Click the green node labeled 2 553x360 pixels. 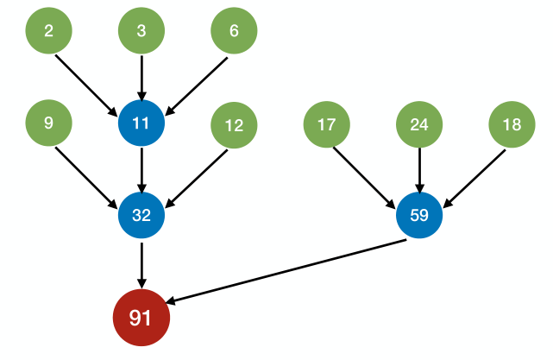[x=48, y=31]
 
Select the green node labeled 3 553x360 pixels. [x=141, y=31]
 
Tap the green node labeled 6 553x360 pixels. [x=234, y=31]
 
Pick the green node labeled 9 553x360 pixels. [x=48, y=123]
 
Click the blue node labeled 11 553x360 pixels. [x=141, y=123]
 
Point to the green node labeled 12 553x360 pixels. [x=234, y=125]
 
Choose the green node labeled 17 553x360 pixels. [x=326, y=125]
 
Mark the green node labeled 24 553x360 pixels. [x=419, y=125]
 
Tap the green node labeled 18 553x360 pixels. [x=512, y=125]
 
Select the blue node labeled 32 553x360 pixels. [x=141, y=216]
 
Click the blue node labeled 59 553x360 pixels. [x=419, y=216]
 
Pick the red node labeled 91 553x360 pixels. [x=141, y=318]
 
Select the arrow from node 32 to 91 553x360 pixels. [x=141, y=263]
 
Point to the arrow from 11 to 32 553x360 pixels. [x=141, y=169]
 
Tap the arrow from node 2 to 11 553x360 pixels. [x=86, y=85]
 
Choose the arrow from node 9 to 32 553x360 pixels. [x=86, y=177]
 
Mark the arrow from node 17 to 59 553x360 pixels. [x=365, y=178]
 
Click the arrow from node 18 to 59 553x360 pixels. [x=474, y=178]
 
